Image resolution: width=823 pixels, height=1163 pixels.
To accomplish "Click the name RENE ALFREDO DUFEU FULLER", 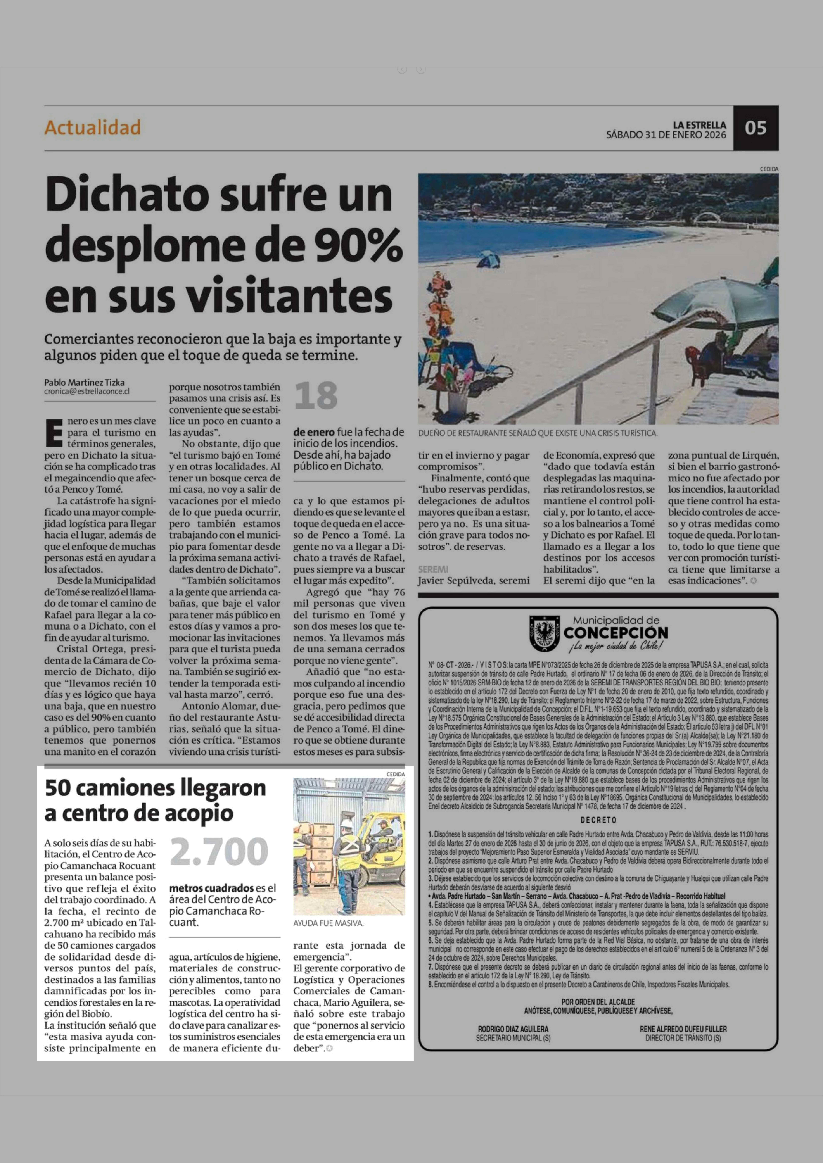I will click(x=683, y=1029).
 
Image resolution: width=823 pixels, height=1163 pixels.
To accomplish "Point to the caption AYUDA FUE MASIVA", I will click(x=328, y=923).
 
